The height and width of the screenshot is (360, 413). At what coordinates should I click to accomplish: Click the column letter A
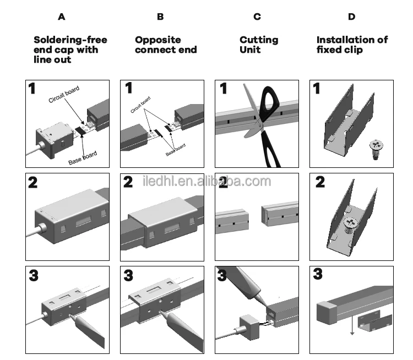pyautogui.click(x=61, y=17)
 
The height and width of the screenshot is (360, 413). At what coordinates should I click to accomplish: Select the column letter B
pyautogui.click(x=160, y=17)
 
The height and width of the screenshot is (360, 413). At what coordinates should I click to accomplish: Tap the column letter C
pyautogui.click(x=257, y=17)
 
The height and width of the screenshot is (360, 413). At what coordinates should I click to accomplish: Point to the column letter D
pyautogui.click(x=351, y=17)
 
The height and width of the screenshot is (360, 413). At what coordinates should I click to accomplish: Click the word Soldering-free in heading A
pyautogui.click(x=70, y=40)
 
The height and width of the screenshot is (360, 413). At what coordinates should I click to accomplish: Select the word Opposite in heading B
pyautogui.click(x=158, y=40)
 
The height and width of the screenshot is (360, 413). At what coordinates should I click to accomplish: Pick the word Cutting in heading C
pyautogui.click(x=259, y=40)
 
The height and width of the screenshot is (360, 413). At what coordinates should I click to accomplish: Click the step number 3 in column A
pyautogui.click(x=34, y=276)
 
